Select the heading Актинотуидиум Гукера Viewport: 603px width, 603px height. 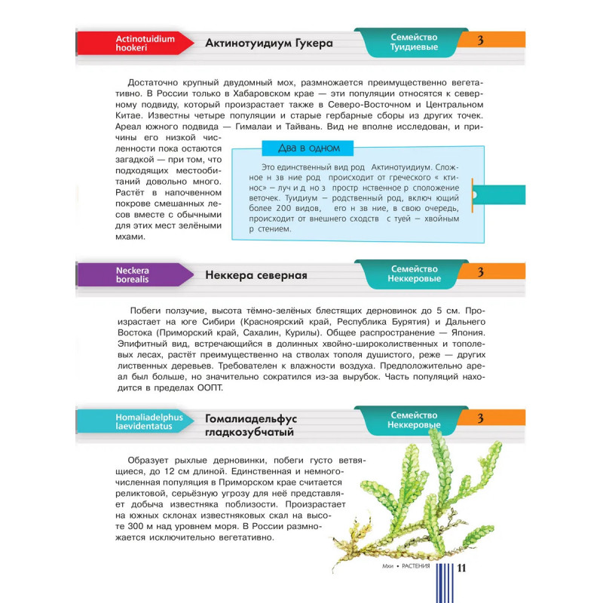[x=269, y=43]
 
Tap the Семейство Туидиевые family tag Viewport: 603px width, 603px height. [x=414, y=42]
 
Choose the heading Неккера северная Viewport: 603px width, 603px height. [x=256, y=275]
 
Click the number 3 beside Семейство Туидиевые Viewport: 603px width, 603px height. [x=480, y=41]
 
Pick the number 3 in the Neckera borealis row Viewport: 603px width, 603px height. [x=480, y=273]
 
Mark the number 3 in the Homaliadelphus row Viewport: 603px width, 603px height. [x=480, y=419]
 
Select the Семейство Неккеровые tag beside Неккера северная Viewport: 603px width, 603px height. [x=414, y=274]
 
